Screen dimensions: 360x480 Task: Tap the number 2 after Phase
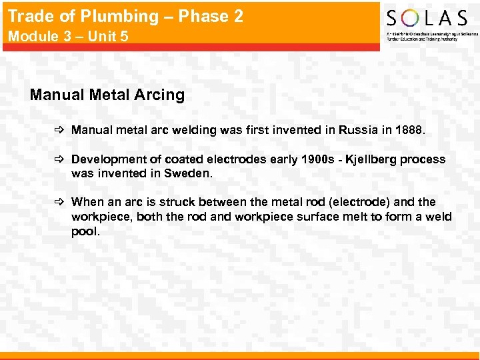tap(237, 16)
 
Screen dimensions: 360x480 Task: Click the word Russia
tap(359, 130)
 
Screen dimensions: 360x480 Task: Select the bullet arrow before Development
tap(59, 159)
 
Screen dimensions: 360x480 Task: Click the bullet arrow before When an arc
tap(59, 202)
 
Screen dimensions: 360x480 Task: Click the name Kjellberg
tap(371, 159)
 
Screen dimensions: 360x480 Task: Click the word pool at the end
tap(85, 231)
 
